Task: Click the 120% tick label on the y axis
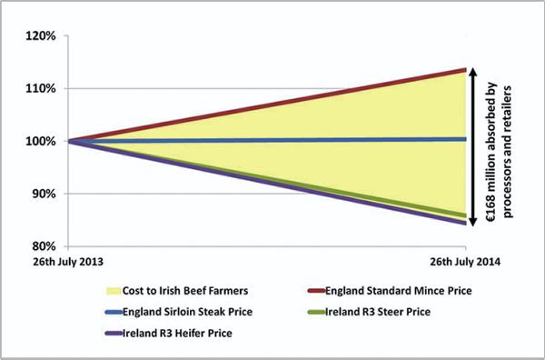tap(41, 35)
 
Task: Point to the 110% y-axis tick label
tap(41, 89)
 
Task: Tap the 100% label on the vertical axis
tap(41, 142)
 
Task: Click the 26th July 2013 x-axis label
tap(68, 262)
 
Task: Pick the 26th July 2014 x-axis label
tap(465, 262)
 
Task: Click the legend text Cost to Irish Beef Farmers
tap(185, 291)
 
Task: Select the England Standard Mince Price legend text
tap(399, 291)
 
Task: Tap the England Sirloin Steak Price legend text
tap(187, 312)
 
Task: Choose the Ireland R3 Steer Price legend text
tap(378, 312)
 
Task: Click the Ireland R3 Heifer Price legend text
tap(177, 334)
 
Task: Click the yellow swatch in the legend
tap(113, 291)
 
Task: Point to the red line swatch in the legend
tap(316, 291)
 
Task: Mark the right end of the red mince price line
tap(465, 70)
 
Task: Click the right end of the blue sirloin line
tap(465, 139)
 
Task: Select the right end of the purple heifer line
tap(465, 224)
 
